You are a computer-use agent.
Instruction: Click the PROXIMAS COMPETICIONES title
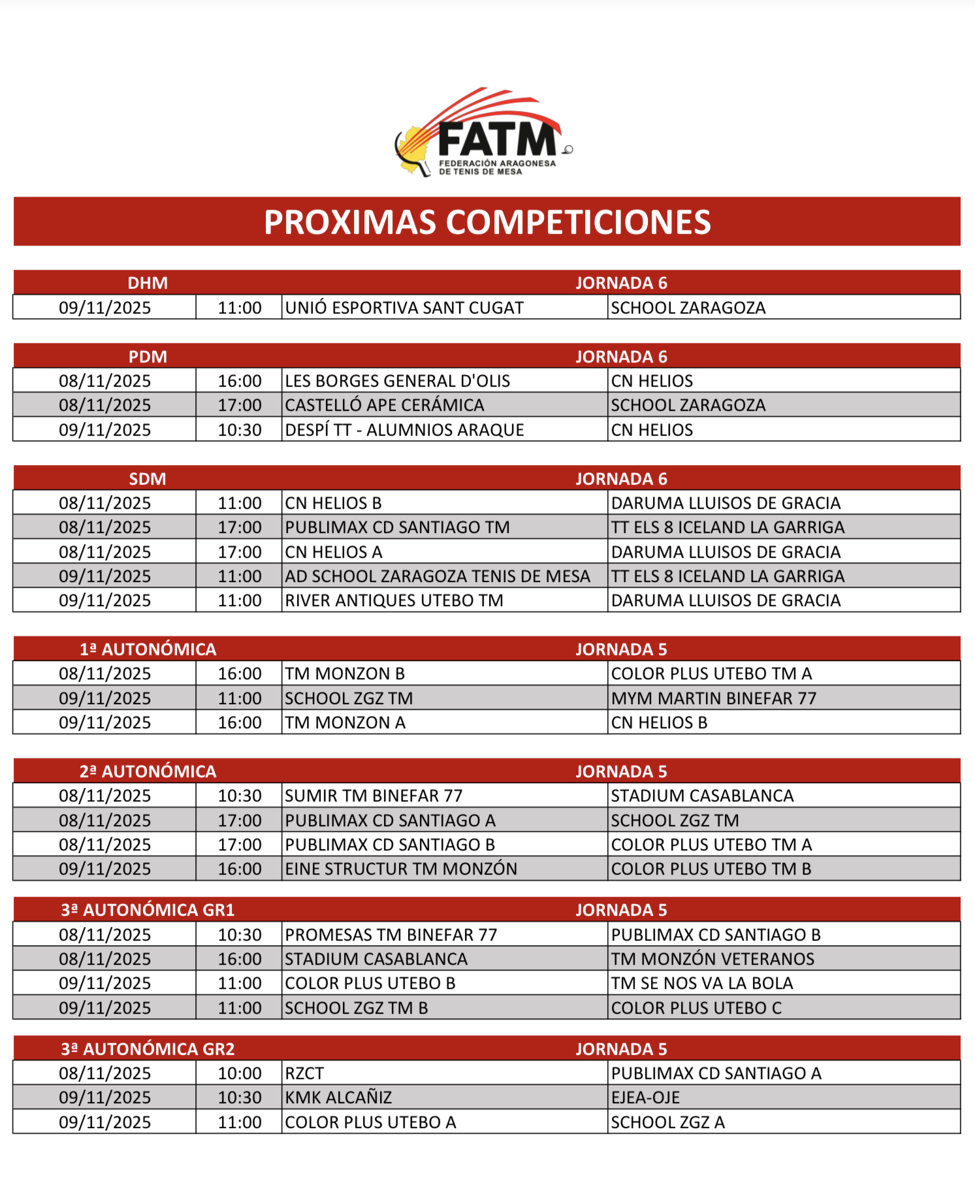point(487,222)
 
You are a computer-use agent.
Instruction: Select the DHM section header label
point(148,283)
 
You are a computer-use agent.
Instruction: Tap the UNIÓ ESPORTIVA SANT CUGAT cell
point(405,308)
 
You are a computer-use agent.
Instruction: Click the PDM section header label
point(148,357)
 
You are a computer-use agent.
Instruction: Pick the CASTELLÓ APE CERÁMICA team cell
point(385,405)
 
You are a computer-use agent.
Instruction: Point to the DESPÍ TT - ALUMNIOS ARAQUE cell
point(405,430)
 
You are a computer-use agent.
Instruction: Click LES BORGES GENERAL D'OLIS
point(398,381)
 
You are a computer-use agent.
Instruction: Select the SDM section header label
point(148,479)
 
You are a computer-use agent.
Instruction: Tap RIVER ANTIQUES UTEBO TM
point(394,600)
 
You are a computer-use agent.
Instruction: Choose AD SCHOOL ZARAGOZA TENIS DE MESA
point(438,576)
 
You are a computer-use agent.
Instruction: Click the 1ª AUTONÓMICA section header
point(148,649)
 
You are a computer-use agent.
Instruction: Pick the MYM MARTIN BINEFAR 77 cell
point(714,698)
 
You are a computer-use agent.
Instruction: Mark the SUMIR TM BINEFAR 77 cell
point(374,796)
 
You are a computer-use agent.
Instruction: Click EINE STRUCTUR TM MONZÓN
point(401,869)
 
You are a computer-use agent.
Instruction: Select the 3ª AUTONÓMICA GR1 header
point(148,910)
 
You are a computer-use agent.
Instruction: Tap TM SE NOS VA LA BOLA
point(702,983)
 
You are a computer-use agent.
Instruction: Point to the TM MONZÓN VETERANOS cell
point(712,959)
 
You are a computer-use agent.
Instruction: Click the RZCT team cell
point(305,1073)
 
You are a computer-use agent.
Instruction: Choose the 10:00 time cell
point(240,1073)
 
